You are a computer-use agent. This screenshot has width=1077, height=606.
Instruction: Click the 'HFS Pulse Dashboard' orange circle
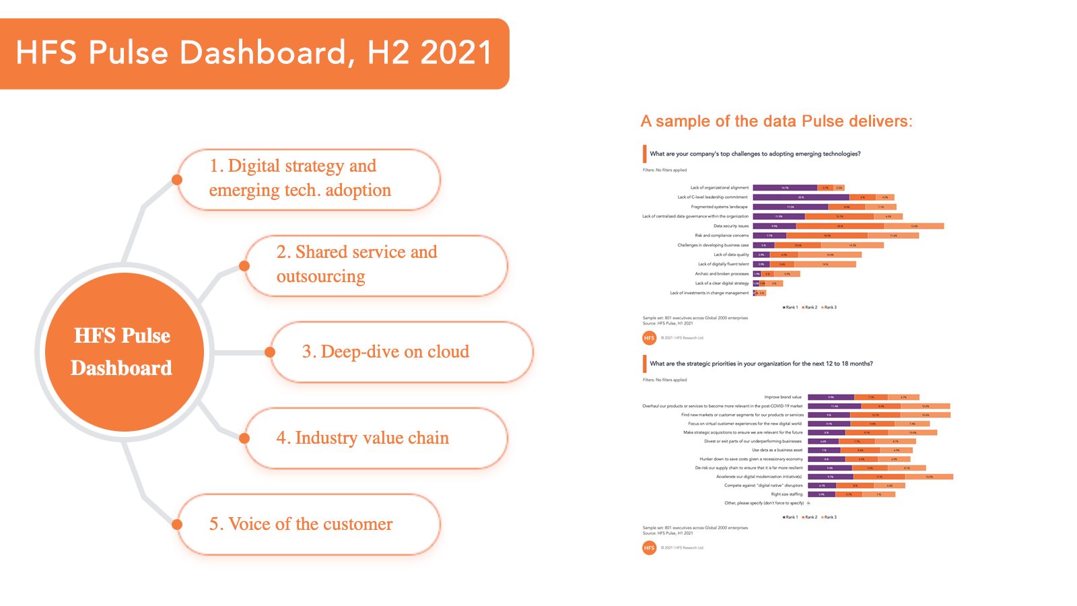pyautogui.click(x=124, y=351)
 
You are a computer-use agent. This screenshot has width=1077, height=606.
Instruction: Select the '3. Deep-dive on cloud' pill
pyautogui.click(x=401, y=352)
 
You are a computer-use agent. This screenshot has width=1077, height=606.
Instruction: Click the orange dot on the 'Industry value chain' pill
pyautogui.click(x=244, y=438)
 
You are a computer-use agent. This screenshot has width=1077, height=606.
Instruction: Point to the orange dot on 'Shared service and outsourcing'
pyautogui.click(x=244, y=266)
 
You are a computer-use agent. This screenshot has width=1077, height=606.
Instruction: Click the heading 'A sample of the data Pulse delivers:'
pyautogui.click(x=776, y=121)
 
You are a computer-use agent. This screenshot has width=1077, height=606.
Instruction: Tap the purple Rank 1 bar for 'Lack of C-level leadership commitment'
pyautogui.click(x=800, y=197)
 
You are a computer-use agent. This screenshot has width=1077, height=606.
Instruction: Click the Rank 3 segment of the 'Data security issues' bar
pyautogui.click(x=913, y=226)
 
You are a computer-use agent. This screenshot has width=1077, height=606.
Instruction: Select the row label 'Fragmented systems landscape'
pyautogui.click(x=719, y=207)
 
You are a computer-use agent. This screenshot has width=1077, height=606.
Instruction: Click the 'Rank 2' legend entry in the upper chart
pyautogui.click(x=810, y=307)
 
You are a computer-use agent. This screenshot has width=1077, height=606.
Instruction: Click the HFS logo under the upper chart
pyautogui.click(x=649, y=338)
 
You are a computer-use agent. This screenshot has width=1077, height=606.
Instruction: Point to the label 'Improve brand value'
pyautogui.click(x=782, y=397)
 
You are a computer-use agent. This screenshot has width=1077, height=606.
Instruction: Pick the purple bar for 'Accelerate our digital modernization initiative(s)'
pyautogui.click(x=830, y=477)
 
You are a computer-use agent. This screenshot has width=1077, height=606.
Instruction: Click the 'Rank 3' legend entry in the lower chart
pyautogui.click(x=829, y=517)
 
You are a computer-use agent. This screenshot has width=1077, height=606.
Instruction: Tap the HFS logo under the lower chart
pyautogui.click(x=649, y=548)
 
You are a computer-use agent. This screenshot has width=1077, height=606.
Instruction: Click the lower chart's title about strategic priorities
pyautogui.click(x=761, y=364)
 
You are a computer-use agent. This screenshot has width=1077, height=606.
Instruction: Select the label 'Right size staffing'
pyautogui.click(x=786, y=494)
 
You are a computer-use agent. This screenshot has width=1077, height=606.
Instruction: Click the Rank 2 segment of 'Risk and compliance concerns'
pyautogui.click(x=827, y=236)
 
